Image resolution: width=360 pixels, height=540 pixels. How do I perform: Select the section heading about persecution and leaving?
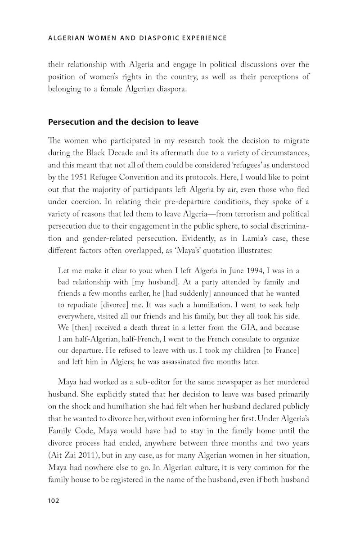click(x=123, y=122)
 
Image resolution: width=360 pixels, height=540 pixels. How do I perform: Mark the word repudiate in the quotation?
click(x=79, y=304)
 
